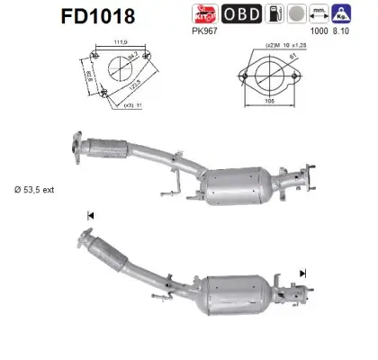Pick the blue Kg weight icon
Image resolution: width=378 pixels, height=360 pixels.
click(365, 13)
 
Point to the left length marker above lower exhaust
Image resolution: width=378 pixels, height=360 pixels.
click(90, 215)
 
